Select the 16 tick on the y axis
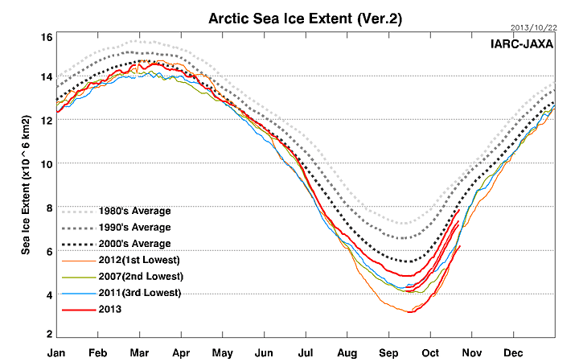(46, 37)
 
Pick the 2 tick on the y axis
(48, 334)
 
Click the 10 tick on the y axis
(46, 163)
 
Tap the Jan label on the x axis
(56, 352)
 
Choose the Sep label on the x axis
(389, 352)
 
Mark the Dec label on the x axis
(513, 352)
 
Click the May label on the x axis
(223, 352)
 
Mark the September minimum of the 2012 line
(410, 312)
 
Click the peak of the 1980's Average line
(133, 41)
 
